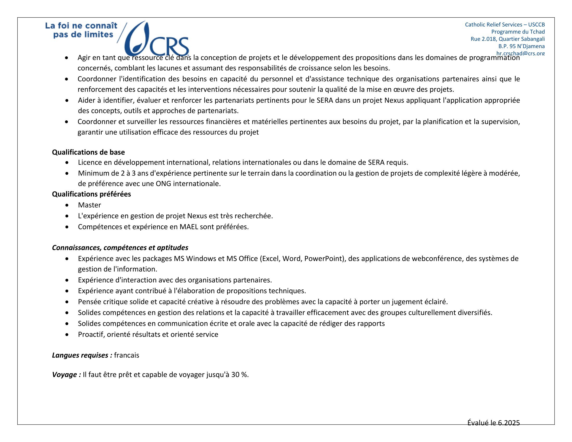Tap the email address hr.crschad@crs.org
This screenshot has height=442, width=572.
(521, 53)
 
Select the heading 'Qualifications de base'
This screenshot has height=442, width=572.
(88, 152)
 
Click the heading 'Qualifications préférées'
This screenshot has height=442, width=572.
(92, 194)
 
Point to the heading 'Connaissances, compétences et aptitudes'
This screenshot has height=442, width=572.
(120, 248)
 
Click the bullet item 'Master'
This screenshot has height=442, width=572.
(89, 205)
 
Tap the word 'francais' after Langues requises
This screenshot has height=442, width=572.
(127, 355)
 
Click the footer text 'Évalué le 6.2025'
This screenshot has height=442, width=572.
(493, 422)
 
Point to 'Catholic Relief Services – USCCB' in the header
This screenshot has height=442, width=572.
(505, 25)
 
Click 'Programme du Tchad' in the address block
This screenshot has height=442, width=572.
(518, 32)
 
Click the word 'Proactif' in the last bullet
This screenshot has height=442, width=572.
(91, 334)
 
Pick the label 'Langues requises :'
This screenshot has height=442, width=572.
(82, 355)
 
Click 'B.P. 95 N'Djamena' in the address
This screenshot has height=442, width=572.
(521, 46)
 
